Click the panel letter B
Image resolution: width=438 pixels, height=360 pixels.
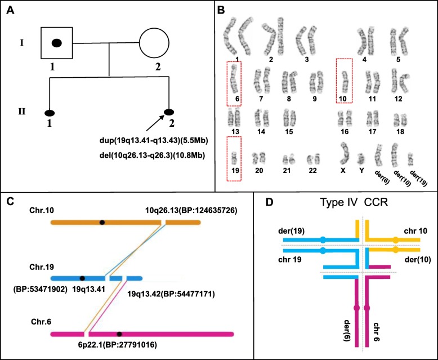(x=222, y=10)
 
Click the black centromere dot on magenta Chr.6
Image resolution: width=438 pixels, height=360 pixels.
(x=119, y=334)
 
